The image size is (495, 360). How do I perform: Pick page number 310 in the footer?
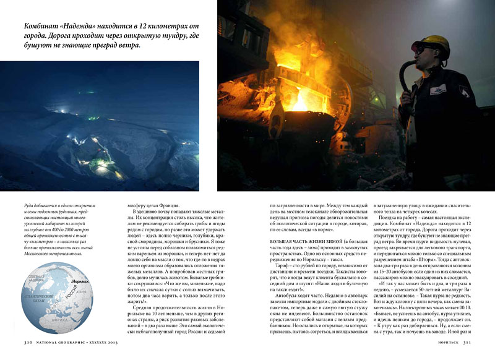tap(28, 341)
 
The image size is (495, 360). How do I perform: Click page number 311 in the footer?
tap(468, 341)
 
